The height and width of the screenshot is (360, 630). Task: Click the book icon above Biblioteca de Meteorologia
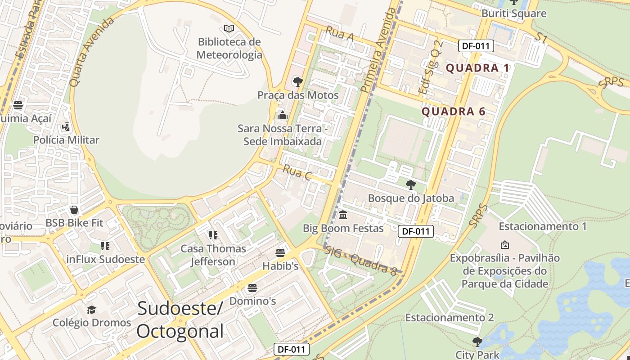tap(229, 29)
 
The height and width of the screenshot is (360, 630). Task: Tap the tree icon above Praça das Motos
tap(297, 82)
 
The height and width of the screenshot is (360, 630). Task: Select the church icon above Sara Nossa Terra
tap(283, 115)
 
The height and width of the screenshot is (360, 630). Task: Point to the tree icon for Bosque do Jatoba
tap(410, 184)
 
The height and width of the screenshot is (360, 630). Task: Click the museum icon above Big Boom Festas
tap(343, 215)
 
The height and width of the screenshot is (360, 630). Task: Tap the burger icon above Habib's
tap(280, 253)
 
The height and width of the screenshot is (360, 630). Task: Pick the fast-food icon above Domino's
tap(252, 288)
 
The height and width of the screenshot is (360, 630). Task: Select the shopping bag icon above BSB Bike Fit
tap(74, 210)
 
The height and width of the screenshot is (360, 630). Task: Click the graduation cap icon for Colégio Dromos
tap(92, 310)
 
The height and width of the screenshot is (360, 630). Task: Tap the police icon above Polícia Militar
tap(66, 127)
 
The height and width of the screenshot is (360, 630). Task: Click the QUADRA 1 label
tap(477, 68)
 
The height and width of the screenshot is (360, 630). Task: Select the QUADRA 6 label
tap(454, 112)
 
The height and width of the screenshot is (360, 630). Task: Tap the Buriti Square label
tap(514, 13)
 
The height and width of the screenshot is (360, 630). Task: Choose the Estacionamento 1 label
tap(543, 226)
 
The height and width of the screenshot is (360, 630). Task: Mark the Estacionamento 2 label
tap(450, 318)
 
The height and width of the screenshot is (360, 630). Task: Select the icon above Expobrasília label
tap(505, 245)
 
